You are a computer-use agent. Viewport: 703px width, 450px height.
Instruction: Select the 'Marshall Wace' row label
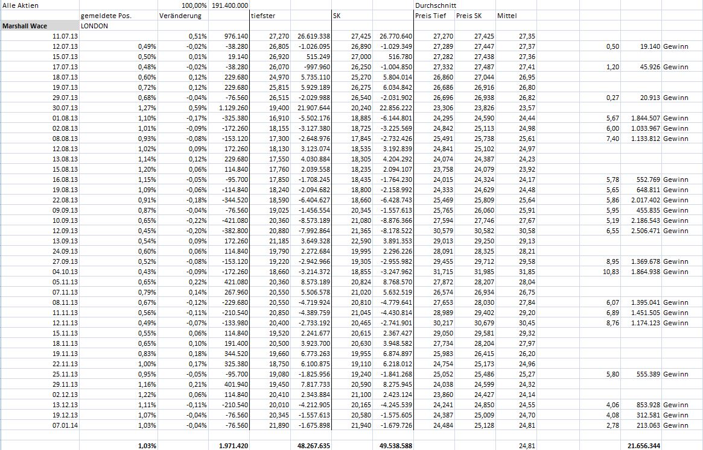tap(25, 26)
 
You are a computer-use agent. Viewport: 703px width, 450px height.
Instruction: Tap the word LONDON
tap(94, 26)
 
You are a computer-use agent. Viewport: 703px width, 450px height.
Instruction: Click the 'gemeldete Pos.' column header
tap(106, 16)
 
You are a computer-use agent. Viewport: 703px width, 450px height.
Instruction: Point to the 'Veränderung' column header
tap(180, 16)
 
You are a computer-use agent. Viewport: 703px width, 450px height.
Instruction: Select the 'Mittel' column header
tap(507, 16)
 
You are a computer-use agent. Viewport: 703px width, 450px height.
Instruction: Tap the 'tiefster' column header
tap(263, 16)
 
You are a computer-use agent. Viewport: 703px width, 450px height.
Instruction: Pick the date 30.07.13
tap(65, 108)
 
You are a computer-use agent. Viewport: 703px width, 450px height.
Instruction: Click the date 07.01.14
tap(65, 425)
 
